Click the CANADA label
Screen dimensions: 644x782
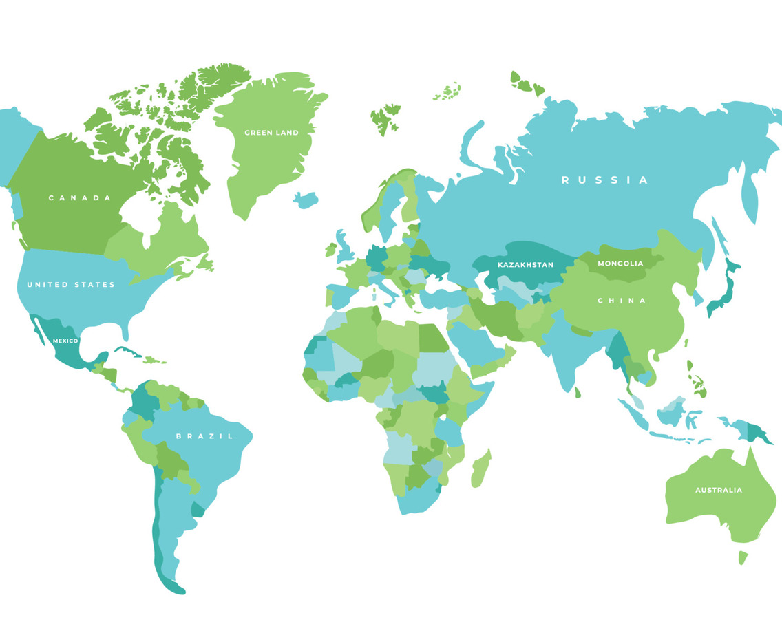pyautogui.click(x=80, y=198)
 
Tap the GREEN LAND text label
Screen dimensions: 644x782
pyautogui.click(x=271, y=133)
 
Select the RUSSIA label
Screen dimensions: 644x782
pyautogui.click(x=604, y=180)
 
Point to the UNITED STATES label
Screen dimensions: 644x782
pyautogui.click(x=71, y=285)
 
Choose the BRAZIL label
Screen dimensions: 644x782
pyautogui.click(x=204, y=436)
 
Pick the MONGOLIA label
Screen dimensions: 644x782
pyautogui.click(x=620, y=264)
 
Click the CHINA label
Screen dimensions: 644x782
pyautogui.click(x=622, y=301)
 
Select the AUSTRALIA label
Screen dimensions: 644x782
pyautogui.click(x=718, y=491)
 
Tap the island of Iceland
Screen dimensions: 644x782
pyautogui.click(x=306, y=200)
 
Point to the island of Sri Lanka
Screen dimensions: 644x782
pyautogui.click(x=578, y=393)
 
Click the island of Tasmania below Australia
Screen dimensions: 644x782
pyautogui.click(x=743, y=557)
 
